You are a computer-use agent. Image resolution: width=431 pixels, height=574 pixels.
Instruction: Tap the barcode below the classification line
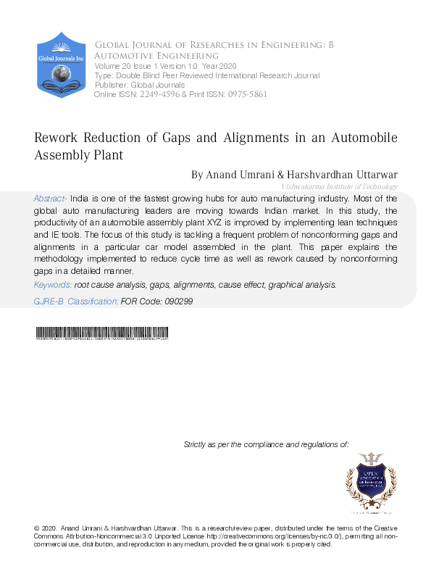(x=101, y=334)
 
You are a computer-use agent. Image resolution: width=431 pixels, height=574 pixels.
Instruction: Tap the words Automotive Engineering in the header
(x=156, y=55)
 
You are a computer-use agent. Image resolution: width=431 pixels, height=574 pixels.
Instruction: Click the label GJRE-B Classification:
(x=76, y=301)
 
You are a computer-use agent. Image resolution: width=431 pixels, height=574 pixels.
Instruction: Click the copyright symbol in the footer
(x=37, y=528)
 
